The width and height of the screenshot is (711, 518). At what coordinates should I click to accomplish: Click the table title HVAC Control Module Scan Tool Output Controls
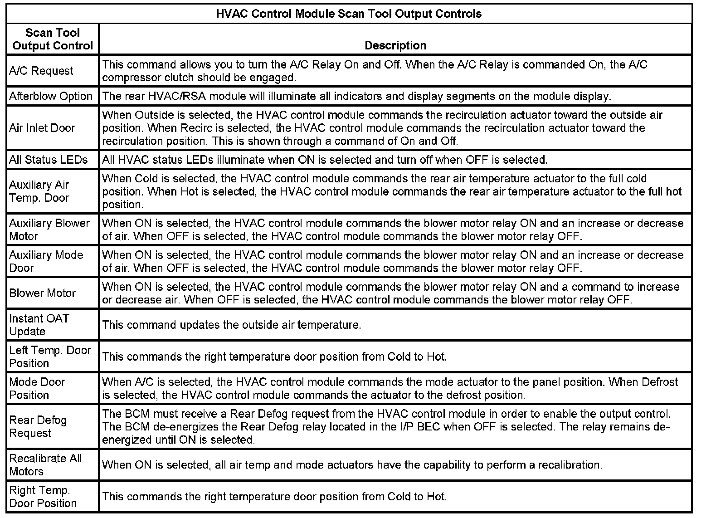coord(349,14)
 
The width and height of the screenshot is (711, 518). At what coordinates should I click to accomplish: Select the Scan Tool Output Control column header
coord(53,39)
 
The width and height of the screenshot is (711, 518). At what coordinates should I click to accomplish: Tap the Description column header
coord(395,45)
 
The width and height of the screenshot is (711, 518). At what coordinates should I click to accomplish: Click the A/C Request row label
coord(41,71)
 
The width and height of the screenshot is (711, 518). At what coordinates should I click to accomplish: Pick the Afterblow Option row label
coord(51,96)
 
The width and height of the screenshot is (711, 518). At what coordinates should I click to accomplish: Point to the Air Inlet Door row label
coord(42,128)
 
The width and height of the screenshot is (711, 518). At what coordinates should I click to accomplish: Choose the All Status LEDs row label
coord(49,160)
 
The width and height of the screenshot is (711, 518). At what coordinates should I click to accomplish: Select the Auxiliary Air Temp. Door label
coord(39,191)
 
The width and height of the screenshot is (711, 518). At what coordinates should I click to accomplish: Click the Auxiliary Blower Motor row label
coord(49,230)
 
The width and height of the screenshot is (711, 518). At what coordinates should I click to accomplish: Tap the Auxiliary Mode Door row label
coord(46,261)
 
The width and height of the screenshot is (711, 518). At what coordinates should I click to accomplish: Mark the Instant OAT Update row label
coord(39,325)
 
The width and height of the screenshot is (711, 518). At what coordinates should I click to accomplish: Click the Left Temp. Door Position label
coord(50,357)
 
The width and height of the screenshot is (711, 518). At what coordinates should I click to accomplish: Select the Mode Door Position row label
coord(37,388)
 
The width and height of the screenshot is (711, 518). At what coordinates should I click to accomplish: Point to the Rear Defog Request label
coord(38,426)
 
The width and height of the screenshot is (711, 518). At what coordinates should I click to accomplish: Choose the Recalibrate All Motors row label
coord(45,464)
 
